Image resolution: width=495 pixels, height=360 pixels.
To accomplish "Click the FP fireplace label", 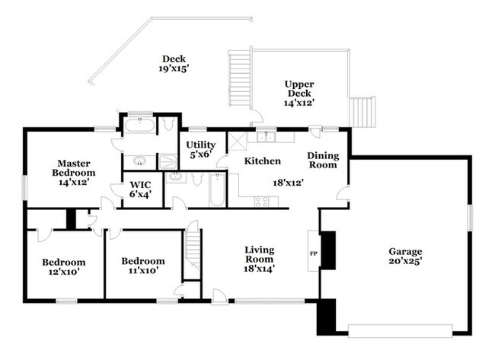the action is tap(314, 253).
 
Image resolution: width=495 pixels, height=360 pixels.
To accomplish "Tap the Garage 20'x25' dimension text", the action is tap(405, 261).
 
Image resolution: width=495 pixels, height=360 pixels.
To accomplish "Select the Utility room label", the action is tap(200, 145).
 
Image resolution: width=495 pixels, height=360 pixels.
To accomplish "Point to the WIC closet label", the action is tap(140, 185).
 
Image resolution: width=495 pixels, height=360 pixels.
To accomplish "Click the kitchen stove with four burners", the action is tap(262, 202).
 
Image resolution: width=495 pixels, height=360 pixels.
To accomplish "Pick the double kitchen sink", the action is tap(266, 137).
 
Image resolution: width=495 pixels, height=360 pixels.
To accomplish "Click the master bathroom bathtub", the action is tap(139, 124).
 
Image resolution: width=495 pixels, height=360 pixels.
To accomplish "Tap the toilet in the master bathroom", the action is tap(168, 124).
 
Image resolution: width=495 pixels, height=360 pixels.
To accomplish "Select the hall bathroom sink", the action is tap(174, 177).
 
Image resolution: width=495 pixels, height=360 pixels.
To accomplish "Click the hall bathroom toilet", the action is tap(197, 179).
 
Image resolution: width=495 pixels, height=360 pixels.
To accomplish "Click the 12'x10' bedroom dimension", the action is tap(64, 272).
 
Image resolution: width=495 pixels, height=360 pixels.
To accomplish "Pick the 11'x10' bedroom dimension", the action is tap(143, 270).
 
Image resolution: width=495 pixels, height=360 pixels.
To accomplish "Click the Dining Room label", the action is tap(323, 160).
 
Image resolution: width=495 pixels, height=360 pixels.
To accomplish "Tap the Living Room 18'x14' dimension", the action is tap(259, 269).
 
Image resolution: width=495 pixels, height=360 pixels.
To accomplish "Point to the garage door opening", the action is tap(401, 331).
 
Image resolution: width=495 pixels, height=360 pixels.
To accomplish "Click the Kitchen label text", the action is tap(263, 161).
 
